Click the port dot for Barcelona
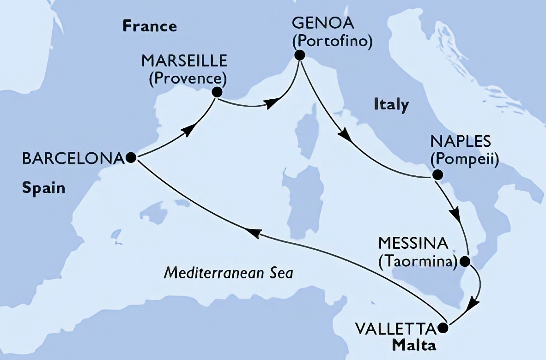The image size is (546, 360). tap(131, 158)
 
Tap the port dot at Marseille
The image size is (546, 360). tap(216, 92)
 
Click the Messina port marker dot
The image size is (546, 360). tap(465, 262)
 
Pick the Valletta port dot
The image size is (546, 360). tap(443, 329)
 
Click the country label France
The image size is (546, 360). tap(150, 26)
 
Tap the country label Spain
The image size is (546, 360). tap(43, 188)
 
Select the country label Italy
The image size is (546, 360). tap(391, 105)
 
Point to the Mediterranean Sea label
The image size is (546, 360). tap(229, 273)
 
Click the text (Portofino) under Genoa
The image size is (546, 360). tap(332, 42)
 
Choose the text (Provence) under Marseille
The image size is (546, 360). tap(188, 78)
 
